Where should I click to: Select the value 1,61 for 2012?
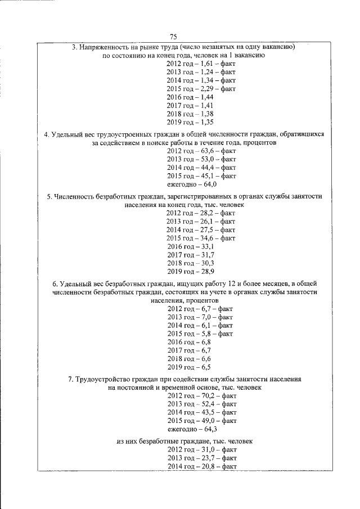(206, 64)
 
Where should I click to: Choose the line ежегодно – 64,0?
(192, 184)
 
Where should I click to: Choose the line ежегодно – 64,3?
(192, 429)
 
